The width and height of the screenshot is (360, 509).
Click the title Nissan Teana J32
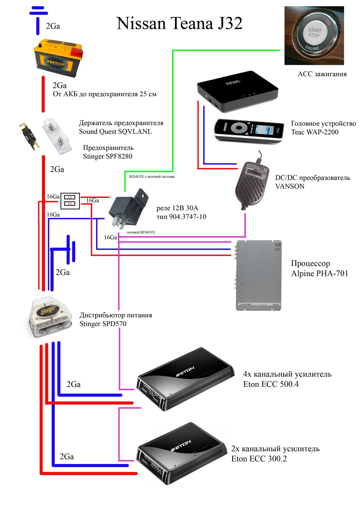(179, 23)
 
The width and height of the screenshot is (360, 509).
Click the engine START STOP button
(314, 36)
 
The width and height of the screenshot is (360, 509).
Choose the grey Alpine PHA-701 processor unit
(259, 275)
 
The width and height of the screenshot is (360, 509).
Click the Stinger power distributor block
(51, 316)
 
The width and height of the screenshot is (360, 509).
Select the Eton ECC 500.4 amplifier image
(185, 379)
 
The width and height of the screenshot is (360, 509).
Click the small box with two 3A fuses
(70, 201)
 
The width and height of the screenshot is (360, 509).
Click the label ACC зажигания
(322, 74)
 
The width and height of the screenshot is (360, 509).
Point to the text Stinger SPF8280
(108, 156)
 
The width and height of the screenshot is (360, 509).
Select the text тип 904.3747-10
(181, 217)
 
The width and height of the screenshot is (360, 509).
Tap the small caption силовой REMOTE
(141, 232)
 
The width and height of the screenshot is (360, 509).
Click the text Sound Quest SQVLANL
(115, 132)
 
